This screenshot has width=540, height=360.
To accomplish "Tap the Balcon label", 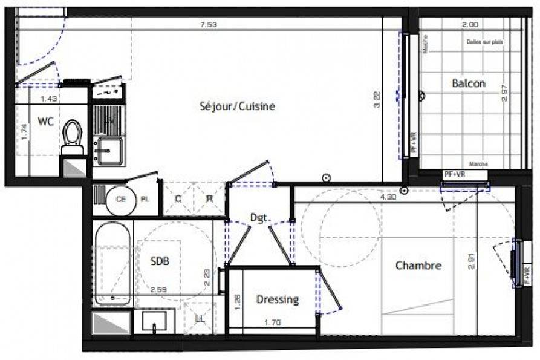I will pyautogui.click(x=469, y=83).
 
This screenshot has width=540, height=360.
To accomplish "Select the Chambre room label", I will pyautogui.click(x=418, y=265).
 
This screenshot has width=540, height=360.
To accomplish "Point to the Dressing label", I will pyautogui.click(x=278, y=299).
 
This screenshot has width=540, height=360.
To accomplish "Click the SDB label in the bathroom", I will pyautogui.click(x=160, y=261).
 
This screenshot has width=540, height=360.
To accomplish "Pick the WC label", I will pyautogui.click(x=46, y=121).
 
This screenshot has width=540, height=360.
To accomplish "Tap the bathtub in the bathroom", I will pyautogui.click(x=112, y=263).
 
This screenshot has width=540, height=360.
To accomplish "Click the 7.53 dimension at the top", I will pyautogui.click(x=209, y=25).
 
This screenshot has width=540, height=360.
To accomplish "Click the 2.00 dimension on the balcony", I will pyautogui.click(x=470, y=25).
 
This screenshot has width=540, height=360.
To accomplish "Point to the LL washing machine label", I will pyautogui.click(x=198, y=319).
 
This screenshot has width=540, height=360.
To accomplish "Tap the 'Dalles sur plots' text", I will pyautogui.click(x=484, y=42).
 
